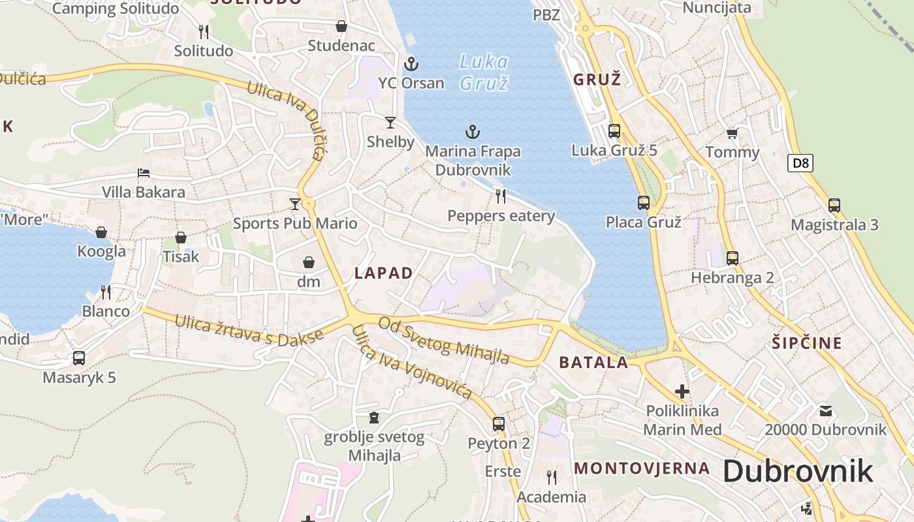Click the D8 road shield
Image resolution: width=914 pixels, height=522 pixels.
coord(800,163)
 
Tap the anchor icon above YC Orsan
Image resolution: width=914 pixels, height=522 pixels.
coord(411,64)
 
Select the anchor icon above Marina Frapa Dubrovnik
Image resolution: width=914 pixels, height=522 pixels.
coord(473,132)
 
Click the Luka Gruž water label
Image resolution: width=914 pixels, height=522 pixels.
coord(484,72)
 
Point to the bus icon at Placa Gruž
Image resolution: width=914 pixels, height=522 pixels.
coord(644,203)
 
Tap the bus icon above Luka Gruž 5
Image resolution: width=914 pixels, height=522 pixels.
coord(614,130)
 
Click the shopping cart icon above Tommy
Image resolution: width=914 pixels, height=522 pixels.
coord(732,134)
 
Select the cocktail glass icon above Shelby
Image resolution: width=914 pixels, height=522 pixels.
coord(390,122)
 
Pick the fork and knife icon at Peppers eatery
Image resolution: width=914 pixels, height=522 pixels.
coord(501,196)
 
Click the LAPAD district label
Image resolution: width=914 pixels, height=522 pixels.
coord(384,273)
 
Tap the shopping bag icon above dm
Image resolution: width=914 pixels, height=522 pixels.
coord(309,262)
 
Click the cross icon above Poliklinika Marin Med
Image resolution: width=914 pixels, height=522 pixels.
coord(682,391)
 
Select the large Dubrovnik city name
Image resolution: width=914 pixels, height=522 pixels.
coord(798,471)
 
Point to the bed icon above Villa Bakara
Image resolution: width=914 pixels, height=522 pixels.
coord(144,173)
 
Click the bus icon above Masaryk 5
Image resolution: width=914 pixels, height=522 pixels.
coord(79,358)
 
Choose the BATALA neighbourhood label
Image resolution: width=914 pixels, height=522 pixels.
coord(593,363)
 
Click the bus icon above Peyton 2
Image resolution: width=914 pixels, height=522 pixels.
coord(499,424)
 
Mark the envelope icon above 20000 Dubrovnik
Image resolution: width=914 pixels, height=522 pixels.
coord(826,410)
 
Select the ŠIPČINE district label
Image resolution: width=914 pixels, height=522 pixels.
coord(807,343)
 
